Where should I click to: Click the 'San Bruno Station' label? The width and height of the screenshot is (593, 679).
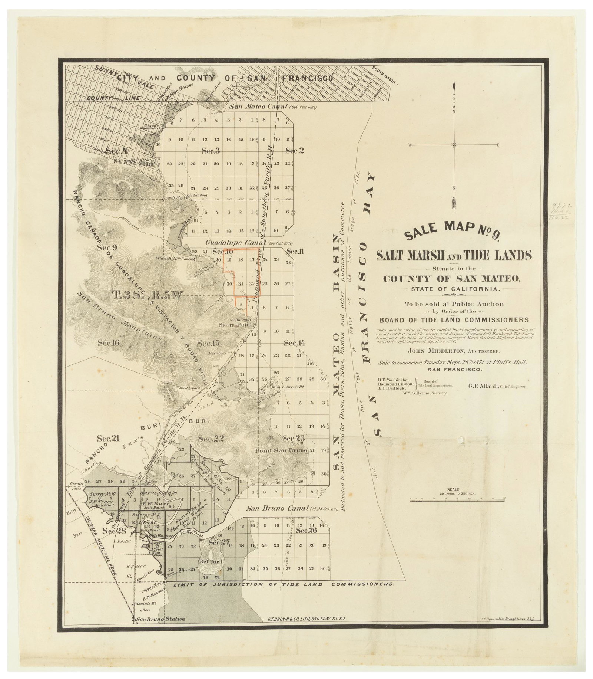coord(160,619)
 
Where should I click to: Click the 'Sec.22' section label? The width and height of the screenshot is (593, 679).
coord(211,439)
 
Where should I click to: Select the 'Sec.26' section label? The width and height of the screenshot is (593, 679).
coord(307,531)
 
